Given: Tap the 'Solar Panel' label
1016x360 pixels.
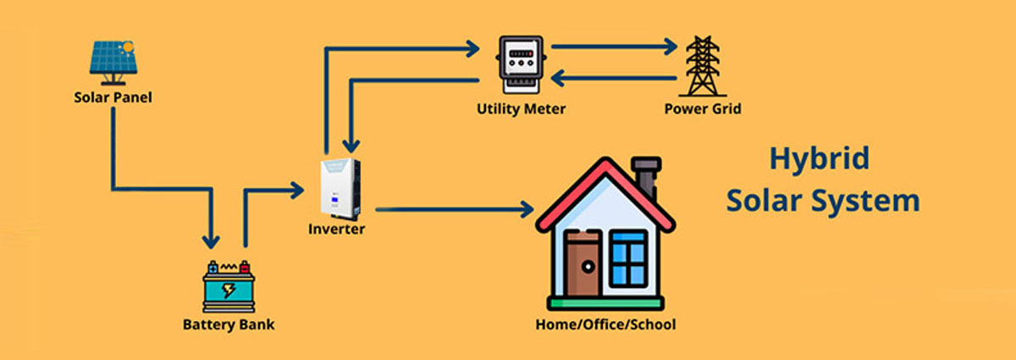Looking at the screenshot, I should point(113,97).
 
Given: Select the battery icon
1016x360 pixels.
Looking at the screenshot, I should point(229,285).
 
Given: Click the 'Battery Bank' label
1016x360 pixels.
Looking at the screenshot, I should point(229,324).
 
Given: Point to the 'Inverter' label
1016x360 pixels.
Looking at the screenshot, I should point(337,229).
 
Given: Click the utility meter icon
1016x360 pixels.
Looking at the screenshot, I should point(521,62).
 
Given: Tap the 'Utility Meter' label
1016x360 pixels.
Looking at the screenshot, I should point(521,108).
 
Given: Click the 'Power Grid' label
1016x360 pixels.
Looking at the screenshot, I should point(702,108).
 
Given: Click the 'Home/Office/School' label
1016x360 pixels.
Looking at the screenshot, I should point(606,324).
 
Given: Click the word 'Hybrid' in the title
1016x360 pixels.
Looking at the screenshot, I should point(820,158).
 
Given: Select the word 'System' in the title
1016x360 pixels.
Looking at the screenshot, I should point(871,202).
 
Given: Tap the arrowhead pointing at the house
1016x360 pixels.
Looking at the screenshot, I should point(527,208).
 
